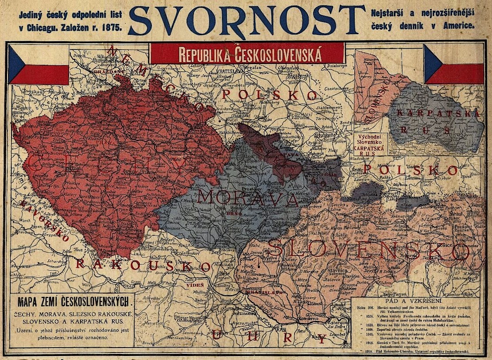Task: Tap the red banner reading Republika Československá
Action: (x=247, y=54)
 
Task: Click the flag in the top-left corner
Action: (x=39, y=64)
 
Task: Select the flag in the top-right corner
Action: (x=454, y=64)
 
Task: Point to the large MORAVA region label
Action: (x=248, y=198)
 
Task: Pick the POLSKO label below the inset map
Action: (x=411, y=170)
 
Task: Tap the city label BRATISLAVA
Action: (x=258, y=293)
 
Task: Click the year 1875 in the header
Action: (x=112, y=27)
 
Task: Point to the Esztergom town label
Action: (x=337, y=323)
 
